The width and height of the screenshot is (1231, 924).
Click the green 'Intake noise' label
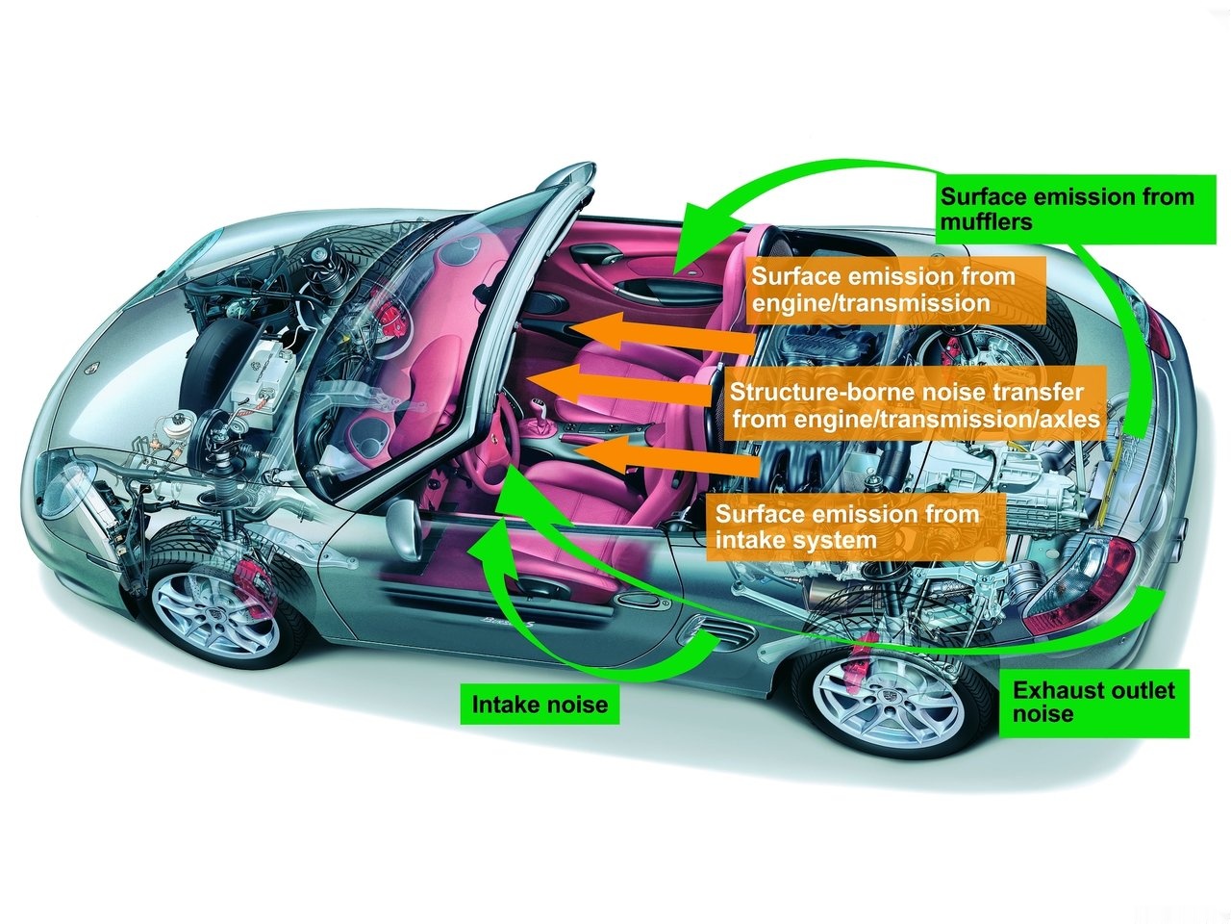(540, 705)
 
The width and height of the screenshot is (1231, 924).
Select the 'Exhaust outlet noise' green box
(1093, 702)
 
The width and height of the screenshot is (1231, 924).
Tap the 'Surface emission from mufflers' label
(1067, 209)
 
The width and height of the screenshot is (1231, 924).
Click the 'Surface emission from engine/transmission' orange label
(883, 290)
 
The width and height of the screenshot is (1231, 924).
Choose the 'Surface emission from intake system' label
(846, 526)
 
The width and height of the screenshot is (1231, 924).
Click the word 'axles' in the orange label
(1066, 420)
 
